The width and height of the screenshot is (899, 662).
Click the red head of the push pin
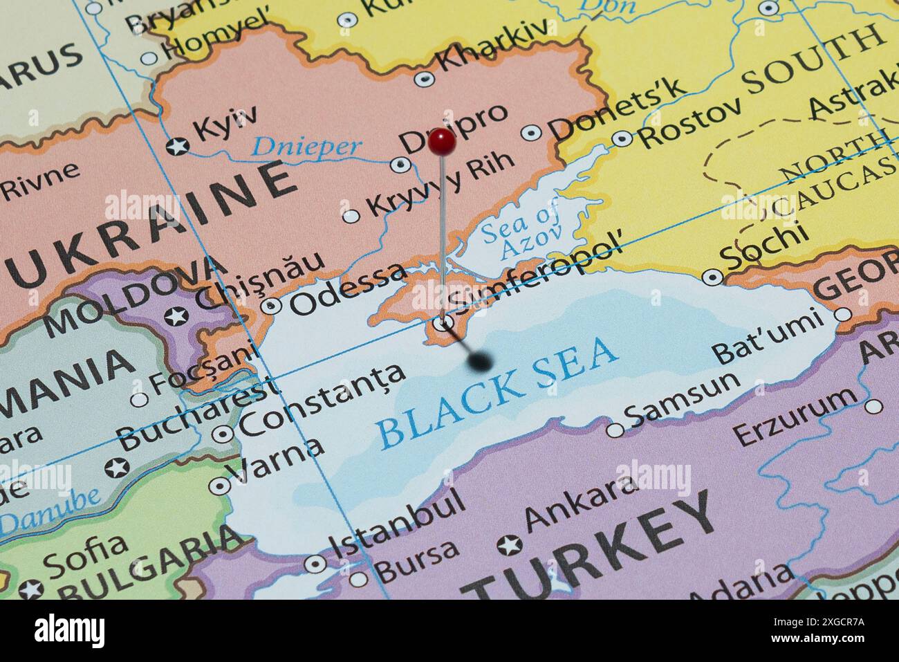click(441, 142)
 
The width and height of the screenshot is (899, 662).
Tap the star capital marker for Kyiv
click(178, 146)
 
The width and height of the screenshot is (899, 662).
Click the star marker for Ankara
click(510, 545)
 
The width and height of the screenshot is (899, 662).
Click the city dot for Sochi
click(713, 277)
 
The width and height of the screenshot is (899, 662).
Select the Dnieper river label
click(306, 146)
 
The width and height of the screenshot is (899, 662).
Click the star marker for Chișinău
click(176, 317)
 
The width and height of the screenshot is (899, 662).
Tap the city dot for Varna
click(220, 486)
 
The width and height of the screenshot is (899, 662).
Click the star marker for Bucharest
click(117, 467)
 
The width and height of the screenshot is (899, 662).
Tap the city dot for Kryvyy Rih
click(351, 216)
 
